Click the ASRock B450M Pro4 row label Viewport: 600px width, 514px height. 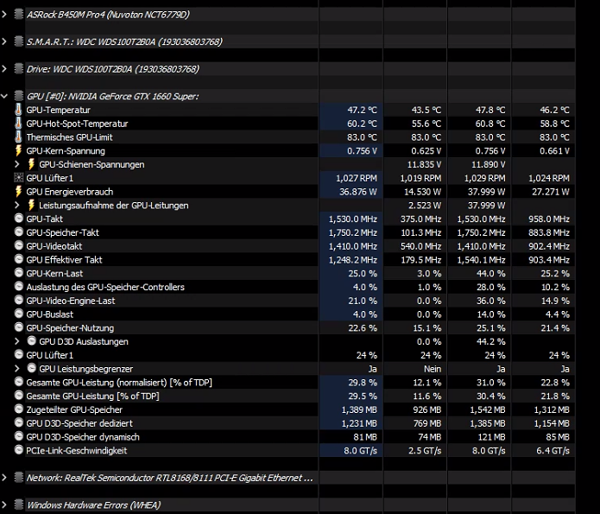tap(108, 15)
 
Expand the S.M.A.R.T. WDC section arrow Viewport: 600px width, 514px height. tap(4, 41)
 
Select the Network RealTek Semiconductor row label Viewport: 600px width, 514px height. tap(169, 478)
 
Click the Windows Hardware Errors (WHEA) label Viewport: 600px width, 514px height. tap(94, 504)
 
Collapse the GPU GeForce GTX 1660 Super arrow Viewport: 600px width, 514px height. tap(4, 96)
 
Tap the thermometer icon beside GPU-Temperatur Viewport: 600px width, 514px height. tap(18, 110)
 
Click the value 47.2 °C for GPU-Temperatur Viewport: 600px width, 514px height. tap(362, 110)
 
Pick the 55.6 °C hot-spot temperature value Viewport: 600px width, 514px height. tap(426, 124)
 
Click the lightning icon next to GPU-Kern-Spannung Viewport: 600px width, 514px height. tap(18, 150)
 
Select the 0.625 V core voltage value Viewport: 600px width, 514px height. tap(426, 151)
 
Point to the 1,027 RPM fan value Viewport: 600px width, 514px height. tap(357, 178)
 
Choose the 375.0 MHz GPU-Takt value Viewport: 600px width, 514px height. tap(421, 219)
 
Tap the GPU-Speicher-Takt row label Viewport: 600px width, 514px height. tap(63, 232)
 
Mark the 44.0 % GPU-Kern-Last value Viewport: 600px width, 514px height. tap(491, 274)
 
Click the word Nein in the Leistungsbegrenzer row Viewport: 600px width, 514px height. tap(433, 369)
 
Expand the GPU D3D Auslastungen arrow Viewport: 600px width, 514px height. tap(17, 341)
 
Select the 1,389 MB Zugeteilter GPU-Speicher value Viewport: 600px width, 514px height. tap(359, 409)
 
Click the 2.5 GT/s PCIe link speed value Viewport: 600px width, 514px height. tap(425, 451)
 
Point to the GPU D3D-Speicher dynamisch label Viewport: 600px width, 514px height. tap(83, 437)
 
